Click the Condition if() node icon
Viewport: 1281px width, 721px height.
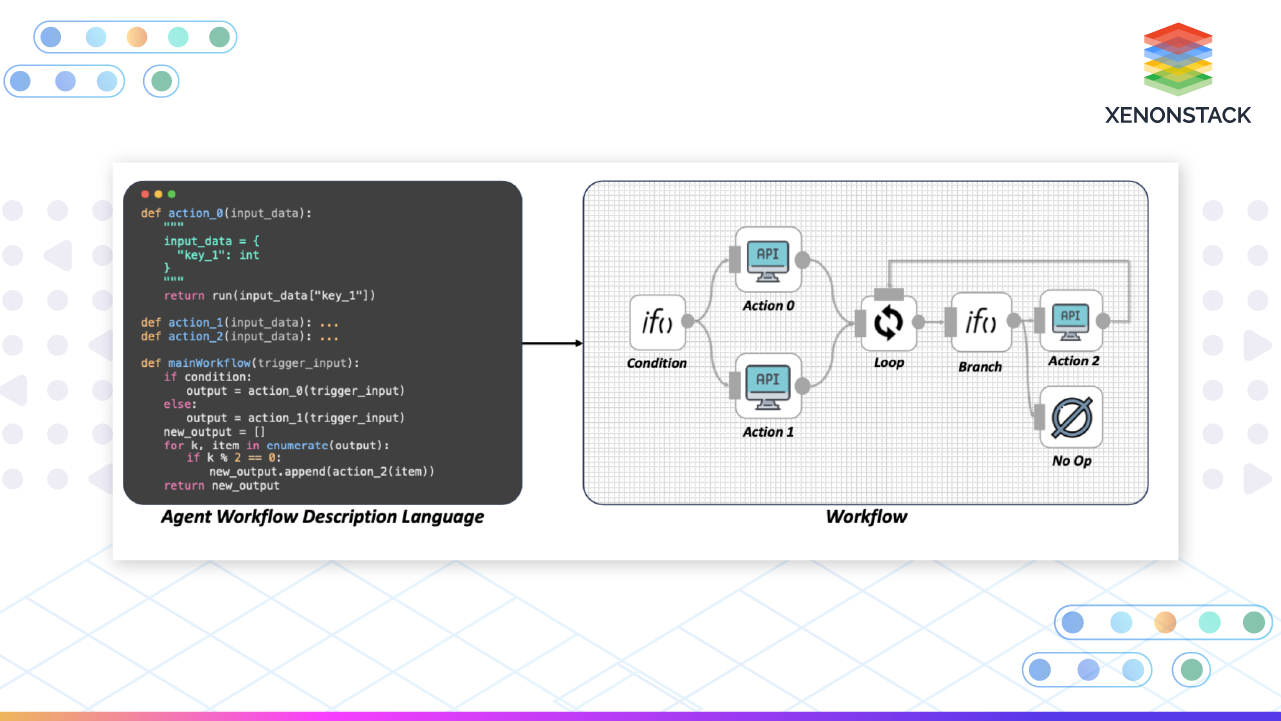(657, 322)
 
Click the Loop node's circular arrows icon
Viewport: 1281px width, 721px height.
(888, 322)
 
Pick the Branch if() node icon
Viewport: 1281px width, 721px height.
(981, 321)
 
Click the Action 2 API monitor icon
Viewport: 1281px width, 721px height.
(1071, 322)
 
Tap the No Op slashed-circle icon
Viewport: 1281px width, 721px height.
(1072, 417)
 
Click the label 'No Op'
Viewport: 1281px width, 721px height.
(1072, 461)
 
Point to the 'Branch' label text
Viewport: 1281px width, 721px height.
(980, 367)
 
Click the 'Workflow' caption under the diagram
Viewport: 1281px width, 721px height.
(866, 517)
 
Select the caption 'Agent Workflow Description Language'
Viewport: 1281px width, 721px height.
(323, 517)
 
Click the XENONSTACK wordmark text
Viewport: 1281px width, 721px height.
(1177, 115)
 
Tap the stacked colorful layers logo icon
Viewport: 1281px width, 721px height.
(1177, 59)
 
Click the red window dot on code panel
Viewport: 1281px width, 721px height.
(145, 194)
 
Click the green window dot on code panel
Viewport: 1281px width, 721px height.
(172, 194)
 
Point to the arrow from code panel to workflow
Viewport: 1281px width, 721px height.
(552, 343)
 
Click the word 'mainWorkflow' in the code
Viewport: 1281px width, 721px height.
(209, 363)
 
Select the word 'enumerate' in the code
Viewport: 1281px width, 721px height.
(297, 445)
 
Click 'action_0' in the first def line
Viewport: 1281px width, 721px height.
(196, 213)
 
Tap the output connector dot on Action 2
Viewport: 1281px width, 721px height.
(1103, 321)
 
